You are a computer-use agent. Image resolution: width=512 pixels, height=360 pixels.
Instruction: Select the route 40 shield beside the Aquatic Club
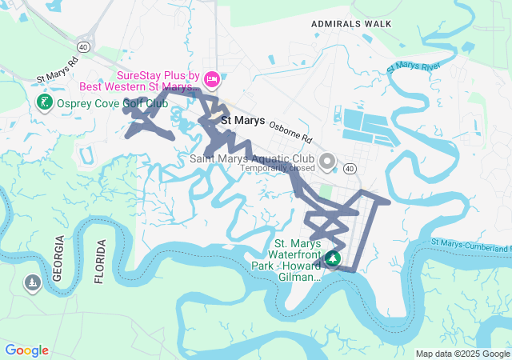point(350,169)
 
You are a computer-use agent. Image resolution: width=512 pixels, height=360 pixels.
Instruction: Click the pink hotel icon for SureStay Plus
point(211,78)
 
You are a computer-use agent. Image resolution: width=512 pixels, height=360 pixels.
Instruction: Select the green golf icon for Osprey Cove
point(45,102)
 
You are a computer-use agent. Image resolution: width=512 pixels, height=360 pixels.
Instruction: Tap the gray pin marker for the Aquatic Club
point(327,162)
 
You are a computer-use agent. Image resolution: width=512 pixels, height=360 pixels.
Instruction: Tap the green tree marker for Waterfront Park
point(332,259)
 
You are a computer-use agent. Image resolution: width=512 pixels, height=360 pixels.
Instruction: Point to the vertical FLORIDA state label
point(100,261)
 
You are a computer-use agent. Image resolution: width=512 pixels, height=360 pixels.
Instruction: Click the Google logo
point(26,350)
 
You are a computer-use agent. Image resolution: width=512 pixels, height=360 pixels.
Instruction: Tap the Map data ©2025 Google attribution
point(462,354)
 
